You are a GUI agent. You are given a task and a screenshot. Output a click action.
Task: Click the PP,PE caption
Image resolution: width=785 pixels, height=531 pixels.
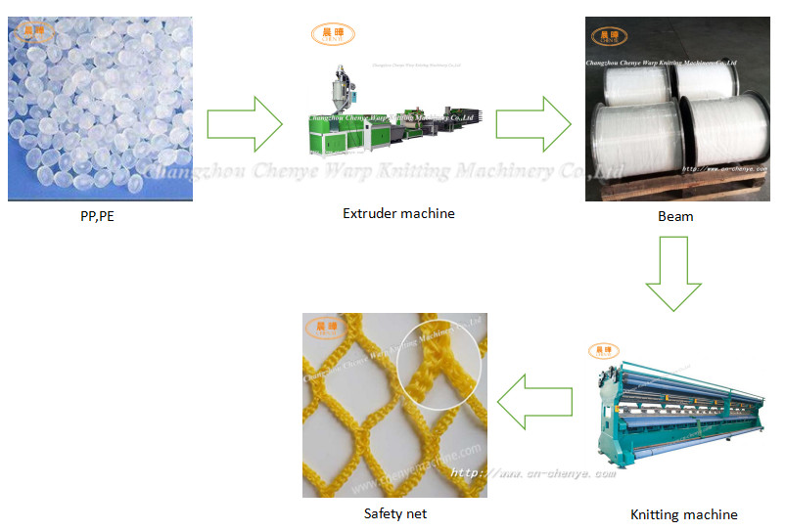97,217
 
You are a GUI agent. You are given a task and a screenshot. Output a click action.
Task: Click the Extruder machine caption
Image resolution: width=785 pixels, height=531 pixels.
398,213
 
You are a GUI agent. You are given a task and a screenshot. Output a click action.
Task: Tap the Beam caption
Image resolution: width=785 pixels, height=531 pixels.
675,216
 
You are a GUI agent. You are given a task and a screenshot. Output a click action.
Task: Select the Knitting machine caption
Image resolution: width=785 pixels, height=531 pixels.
684,513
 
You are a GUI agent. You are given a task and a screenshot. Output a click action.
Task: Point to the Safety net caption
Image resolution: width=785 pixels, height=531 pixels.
395,512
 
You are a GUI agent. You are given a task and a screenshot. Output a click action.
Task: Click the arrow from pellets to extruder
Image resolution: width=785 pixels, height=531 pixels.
245,124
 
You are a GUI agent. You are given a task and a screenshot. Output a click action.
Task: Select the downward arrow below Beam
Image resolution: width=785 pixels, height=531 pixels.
673,276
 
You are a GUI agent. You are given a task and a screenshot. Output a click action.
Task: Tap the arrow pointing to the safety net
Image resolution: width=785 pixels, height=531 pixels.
534,400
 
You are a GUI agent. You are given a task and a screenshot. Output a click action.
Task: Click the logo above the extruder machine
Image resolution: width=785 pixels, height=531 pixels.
333,35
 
